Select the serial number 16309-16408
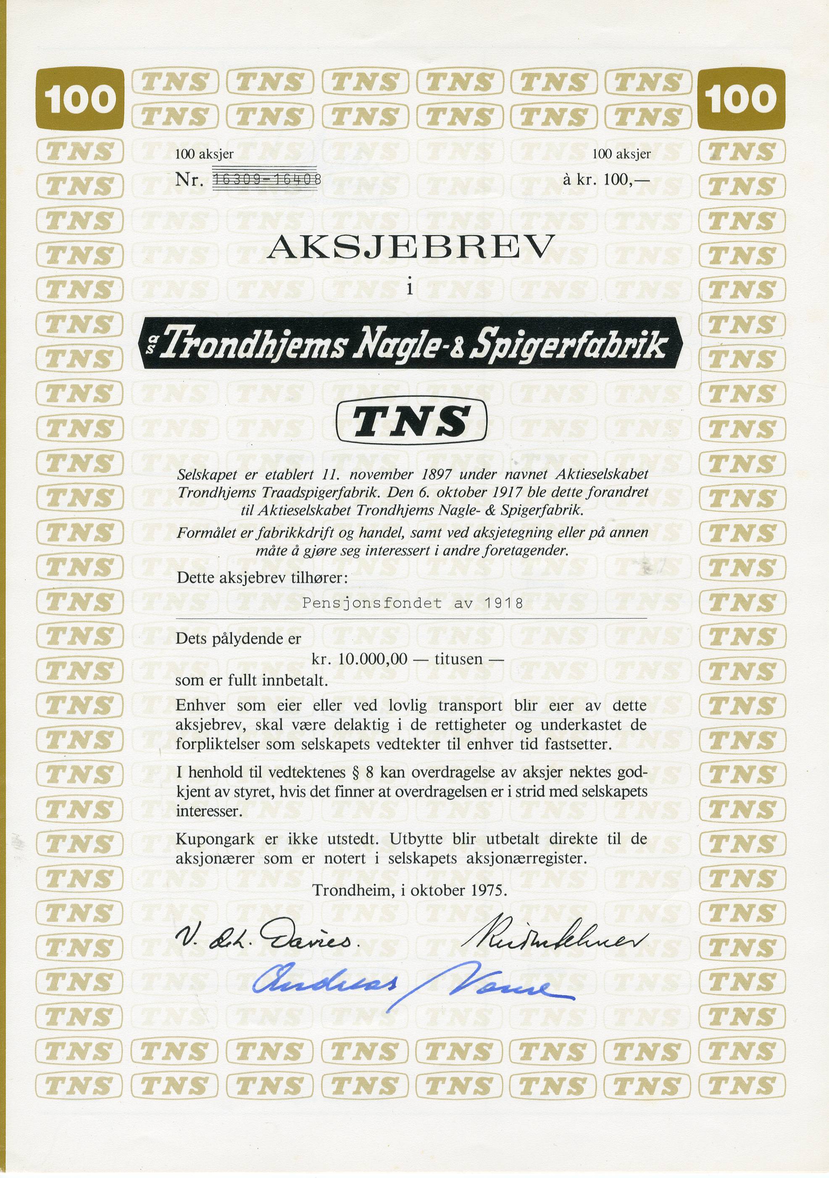[267, 180]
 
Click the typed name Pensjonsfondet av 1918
[413, 603]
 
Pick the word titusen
[458, 659]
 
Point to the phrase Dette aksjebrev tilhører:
[262, 578]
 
